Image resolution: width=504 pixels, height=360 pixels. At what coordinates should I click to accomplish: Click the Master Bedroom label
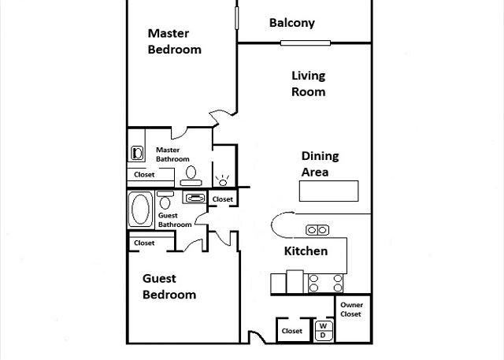click(x=175, y=42)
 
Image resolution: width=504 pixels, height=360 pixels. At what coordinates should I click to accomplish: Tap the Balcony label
click(x=292, y=23)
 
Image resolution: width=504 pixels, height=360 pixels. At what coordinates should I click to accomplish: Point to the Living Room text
click(x=309, y=84)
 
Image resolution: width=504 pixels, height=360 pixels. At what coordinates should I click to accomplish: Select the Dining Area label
click(x=321, y=164)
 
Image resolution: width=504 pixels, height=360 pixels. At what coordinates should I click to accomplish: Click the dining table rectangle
click(x=329, y=191)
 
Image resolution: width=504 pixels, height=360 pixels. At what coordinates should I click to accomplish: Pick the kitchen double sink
click(x=317, y=230)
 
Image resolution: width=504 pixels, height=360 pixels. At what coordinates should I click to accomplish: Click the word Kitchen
click(x=306, y=251)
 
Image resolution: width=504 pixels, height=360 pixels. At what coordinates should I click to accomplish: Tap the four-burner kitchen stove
click(x=325, y=283)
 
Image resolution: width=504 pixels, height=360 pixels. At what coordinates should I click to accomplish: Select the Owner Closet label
click(x=351, y=310)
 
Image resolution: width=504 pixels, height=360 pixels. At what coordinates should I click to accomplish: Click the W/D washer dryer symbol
click(x=324, y=330)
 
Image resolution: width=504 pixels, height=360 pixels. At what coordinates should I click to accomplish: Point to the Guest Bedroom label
click(x=169, y=287)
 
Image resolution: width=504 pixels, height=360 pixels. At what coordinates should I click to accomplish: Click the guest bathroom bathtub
click(x=140, y=210)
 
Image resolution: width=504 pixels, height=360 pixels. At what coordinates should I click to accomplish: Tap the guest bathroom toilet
click(x=165, y=200)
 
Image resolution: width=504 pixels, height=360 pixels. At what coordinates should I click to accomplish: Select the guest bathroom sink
click(x=195, y=198)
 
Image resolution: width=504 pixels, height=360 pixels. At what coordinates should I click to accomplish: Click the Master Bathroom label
click(x=172, y=154)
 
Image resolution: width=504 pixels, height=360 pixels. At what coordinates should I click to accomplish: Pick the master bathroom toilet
click(x=191, y=176)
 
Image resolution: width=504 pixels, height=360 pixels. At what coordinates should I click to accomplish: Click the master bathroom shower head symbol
click(x=222, y=180)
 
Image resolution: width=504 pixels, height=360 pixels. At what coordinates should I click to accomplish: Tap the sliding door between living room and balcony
click(x=306, y=43)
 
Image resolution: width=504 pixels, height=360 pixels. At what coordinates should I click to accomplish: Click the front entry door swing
click(x=258, y=337)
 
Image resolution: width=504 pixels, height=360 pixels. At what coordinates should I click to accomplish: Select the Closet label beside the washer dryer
click(x=292, y=331)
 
